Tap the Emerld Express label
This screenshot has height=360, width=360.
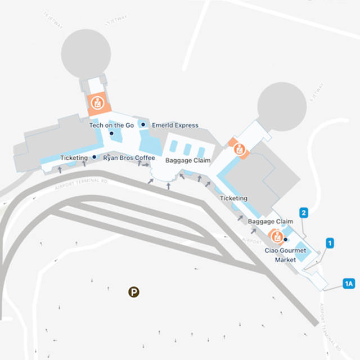click(x=175, y=125)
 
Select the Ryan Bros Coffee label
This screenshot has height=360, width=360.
click(x=129, y=158)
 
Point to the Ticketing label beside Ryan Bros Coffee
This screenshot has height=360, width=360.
click(x=74, y=158)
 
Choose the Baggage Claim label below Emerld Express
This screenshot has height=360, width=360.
click(x=188, y=161)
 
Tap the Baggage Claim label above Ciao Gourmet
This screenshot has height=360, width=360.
click(x=271, y=222)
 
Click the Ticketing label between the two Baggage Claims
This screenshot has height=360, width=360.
click(x=233, y=199)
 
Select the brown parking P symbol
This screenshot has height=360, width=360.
click(x=134, y=292)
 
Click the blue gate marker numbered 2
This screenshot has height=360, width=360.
click(x=304, y=213)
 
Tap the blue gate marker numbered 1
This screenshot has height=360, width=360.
click(x=331, y=243)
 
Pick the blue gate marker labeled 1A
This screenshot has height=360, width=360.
click(x=349, y=284)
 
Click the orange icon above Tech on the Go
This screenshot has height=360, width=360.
click(x=97, y=103)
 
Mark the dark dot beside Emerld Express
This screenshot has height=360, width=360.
click(x=143, y=125)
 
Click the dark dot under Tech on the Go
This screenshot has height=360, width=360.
click(x=111, y=133)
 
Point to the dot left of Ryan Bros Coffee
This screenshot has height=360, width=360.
click(x=94, y=157)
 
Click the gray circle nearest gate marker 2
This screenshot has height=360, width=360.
click(x=281, y=107)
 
